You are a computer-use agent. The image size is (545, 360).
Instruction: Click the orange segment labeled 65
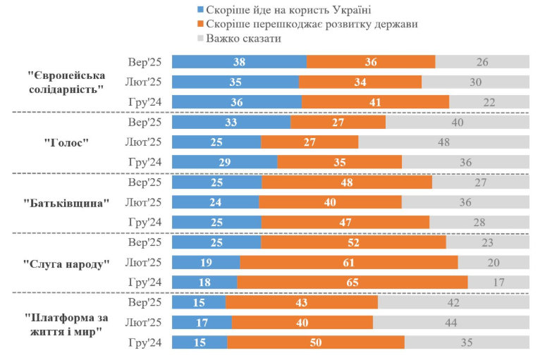pyautogui.click(x=352, y=283)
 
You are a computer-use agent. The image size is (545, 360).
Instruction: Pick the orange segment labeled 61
pyautogui.click(x=348, y=263)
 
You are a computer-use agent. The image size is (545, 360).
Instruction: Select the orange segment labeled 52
pyautogui.click(x=353, y=242)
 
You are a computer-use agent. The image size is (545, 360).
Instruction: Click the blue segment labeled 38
pyautogui.click(x=239, y=62)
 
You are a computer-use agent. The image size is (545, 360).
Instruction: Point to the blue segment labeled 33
pyautogui.click(x=231, y=122)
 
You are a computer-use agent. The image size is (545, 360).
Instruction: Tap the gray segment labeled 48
pyautogui.click(x=443, y=142)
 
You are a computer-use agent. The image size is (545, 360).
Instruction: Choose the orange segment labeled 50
pyautogui.click(x=315, y=342)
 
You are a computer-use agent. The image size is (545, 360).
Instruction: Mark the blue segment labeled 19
pyautogui.click(x=206, y=263)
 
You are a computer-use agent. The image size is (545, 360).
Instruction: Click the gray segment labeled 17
pyautogui.click(x=498, y=283)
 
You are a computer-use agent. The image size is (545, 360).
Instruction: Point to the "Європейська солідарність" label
pyautogui.click(x=67, y=82)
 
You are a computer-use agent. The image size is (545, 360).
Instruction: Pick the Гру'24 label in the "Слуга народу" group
pyautogui.click(x=145, y=283)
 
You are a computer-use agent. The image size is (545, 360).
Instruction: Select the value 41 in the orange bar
pyautogui.click(x=374, y=102)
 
